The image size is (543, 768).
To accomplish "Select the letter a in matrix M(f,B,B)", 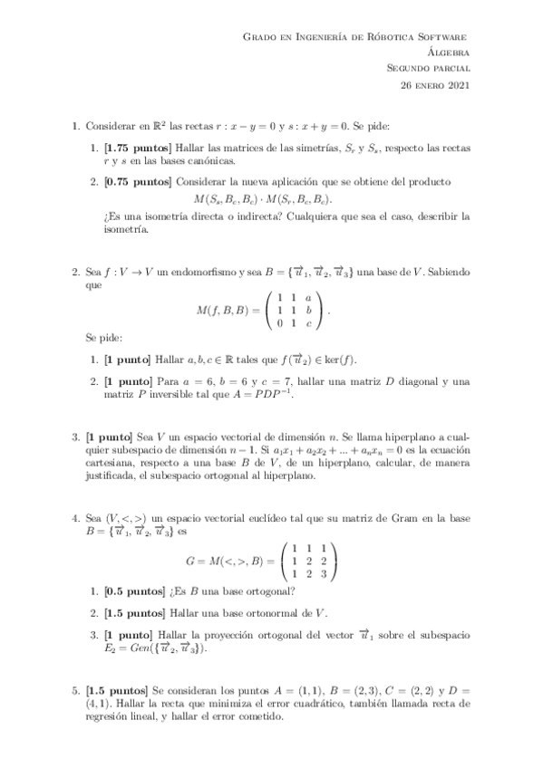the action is click(x=308, y=297).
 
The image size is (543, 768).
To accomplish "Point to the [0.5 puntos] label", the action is click(x=132, y=592).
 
